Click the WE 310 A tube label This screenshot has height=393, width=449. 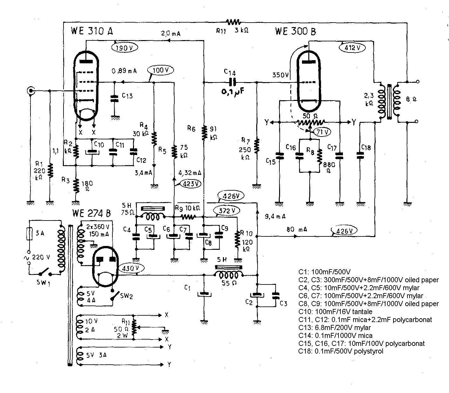[x=92, y=31]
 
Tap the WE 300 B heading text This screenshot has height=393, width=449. [x=295, y=31]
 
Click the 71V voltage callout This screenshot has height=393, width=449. [x=322, y=132]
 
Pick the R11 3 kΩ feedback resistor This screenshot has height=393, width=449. [x=233, y=22]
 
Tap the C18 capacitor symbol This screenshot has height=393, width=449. [x=360, y=155]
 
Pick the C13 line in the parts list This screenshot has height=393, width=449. [x=335, y=327]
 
